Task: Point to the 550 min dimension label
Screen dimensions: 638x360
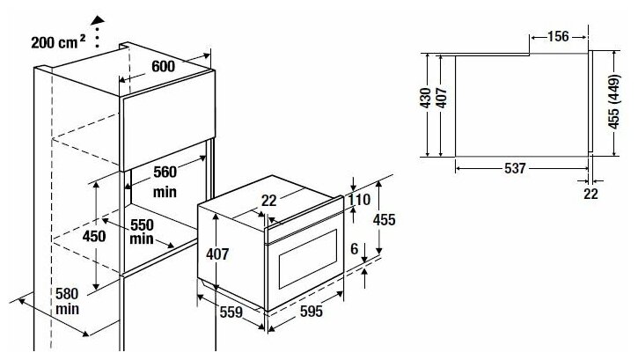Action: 142,231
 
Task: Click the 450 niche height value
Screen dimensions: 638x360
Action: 93,236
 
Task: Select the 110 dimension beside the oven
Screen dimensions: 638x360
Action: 359,200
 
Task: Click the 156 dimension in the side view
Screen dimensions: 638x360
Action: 556,36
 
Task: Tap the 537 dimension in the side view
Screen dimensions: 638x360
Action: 517,167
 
